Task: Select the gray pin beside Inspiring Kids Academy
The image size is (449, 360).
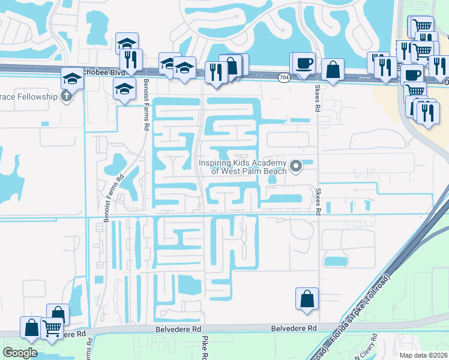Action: coord(295,166)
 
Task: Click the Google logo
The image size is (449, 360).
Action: coord(20,352)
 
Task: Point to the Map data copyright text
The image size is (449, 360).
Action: coord(423,355)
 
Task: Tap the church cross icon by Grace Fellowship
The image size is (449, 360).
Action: coord(66,96)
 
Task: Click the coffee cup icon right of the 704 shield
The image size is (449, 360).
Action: coord(304,63)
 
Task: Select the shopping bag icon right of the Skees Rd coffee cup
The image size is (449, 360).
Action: coord(333,69)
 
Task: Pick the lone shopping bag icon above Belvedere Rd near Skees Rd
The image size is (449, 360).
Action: coord(307,298)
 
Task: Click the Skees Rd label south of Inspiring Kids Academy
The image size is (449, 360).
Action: coord(318,201)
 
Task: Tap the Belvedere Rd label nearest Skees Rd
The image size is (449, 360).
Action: coord(294,329)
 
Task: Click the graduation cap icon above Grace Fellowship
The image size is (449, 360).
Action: coord(71,77)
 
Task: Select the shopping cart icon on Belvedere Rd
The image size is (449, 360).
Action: coord(52,329)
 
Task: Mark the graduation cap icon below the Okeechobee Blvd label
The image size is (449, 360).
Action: coord(124,89)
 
